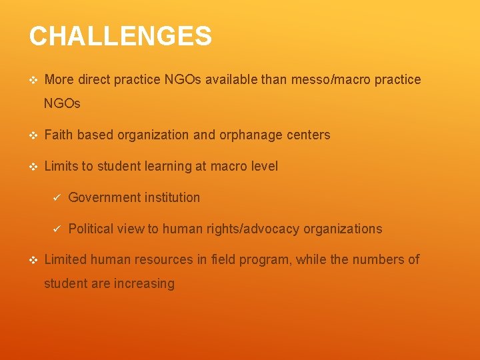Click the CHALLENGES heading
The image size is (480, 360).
[121, 36]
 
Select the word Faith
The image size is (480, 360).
[59, 135]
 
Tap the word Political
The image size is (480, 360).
[91, 229]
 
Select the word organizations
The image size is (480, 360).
[343, 229]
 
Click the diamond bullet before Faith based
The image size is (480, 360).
[33, 135]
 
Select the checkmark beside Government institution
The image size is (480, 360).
[57, 197]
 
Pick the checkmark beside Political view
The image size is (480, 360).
[57, 229]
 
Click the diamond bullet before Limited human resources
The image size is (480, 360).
[33, 260]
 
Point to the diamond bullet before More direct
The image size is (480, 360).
[33, 80]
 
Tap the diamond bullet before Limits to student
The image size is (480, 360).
[33, 167]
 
